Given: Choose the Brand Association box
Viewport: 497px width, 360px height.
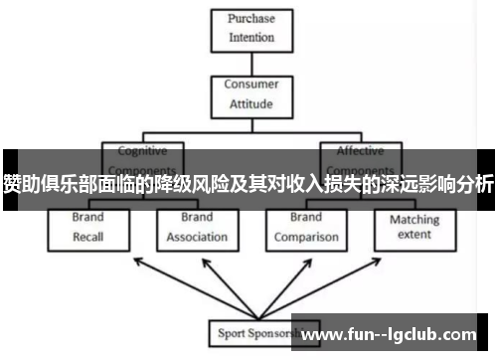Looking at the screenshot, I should click(x=197, y=228).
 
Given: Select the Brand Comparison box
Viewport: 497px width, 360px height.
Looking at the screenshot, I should click(x=306, y=228).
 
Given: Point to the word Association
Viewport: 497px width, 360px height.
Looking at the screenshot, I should click(x=197, y=238).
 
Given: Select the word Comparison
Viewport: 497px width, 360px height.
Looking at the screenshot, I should click(x=306, y=238).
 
